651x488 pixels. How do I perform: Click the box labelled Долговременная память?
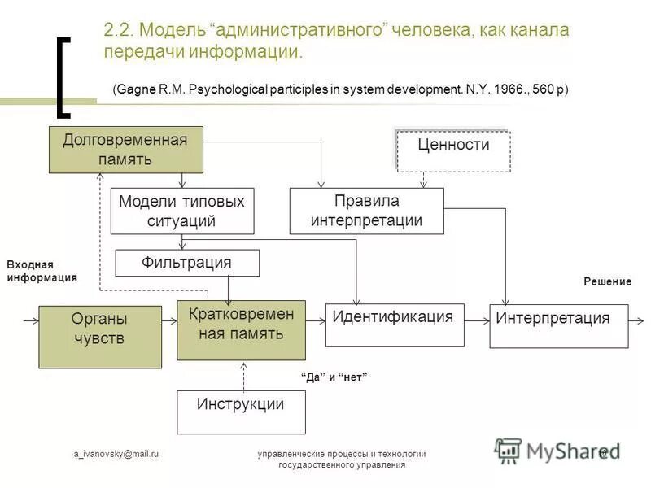point(125,150)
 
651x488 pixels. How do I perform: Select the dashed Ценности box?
point(453,150)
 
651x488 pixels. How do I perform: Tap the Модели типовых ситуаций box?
point(181,211)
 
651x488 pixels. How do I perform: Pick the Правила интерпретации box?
point(367,211)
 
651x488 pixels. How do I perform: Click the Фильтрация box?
point(187,263)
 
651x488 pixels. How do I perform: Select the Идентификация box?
point(395,325)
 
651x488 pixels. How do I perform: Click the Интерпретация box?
point(558,325)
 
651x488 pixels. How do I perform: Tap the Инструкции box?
point(241,412)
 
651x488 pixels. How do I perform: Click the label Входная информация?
point(42,271)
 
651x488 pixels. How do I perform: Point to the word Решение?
point(607,281)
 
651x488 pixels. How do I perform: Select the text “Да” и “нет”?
point(334,377)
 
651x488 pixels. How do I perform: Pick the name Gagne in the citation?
point(138,89)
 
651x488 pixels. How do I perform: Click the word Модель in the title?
point(174,31)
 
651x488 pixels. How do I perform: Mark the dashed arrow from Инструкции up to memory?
point(242,375)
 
